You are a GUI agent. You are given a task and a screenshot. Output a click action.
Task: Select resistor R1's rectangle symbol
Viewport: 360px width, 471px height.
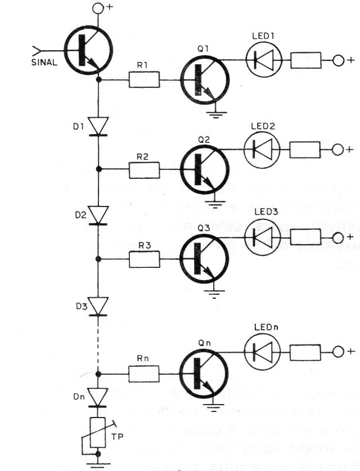145,80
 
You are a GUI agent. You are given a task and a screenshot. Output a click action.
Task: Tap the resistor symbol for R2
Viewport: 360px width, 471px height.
145,168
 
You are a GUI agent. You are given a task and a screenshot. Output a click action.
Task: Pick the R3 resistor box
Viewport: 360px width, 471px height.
145,259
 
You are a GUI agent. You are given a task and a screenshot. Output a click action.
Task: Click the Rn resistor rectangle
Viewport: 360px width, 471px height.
145,373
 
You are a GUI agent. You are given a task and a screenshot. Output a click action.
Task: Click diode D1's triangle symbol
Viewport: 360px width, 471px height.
98,126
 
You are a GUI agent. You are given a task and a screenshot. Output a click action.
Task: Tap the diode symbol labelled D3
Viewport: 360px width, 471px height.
98,306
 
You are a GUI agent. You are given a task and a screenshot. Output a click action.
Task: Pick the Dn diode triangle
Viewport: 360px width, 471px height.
98,397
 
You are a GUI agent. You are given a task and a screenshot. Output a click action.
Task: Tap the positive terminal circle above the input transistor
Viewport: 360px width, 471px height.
98,8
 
